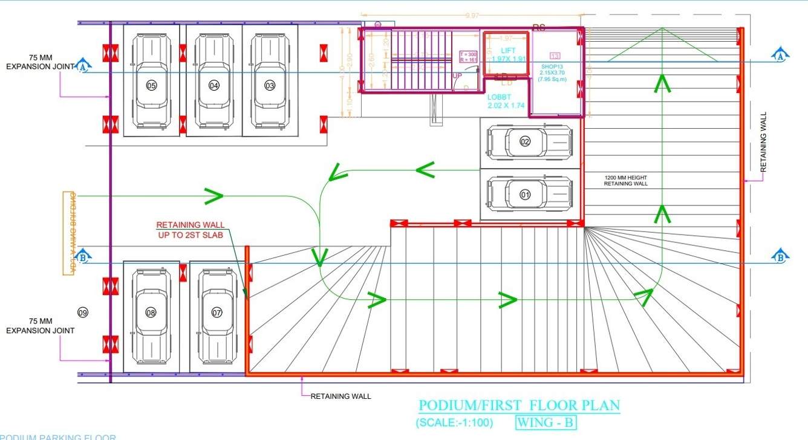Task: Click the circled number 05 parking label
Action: coord(151,86)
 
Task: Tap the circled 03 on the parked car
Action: coord(270,86)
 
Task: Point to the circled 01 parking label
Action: coord(525,195)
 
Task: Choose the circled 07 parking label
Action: coord(217,312)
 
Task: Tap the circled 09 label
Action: coord(83,312)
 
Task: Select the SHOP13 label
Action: coord(553,66)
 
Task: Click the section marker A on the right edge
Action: coord(780,55)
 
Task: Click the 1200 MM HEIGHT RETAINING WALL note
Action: coord(625,180)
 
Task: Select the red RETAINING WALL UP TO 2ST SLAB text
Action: coord(190,230)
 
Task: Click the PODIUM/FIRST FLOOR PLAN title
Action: coord(520,406)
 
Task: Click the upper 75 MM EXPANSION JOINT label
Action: coord(40,62)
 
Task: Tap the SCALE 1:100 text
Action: coord(454,422)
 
